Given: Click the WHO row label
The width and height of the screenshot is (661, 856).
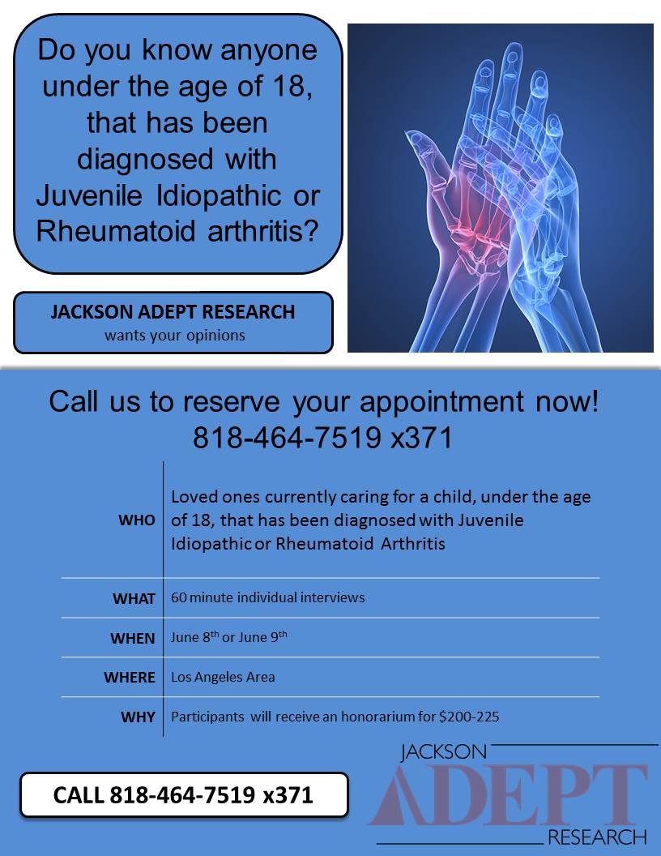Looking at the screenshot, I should (x=137, y=520).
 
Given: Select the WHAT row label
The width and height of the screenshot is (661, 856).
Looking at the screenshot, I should (x=134, y=599).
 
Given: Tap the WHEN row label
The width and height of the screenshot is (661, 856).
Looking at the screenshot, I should (x=132, y=639).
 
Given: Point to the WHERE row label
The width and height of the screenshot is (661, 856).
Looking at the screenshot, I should (x=129, y=678).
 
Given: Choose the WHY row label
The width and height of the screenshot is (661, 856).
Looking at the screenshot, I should (x=138, y=717).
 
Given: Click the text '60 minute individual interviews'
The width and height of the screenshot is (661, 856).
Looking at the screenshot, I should (x=267, y=597).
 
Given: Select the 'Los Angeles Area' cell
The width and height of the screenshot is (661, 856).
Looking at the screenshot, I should (x=223, y=677).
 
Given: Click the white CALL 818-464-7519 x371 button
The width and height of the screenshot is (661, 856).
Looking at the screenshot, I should (x=184, y=794).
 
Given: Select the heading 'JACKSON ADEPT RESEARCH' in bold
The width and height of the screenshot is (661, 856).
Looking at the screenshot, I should (x=173, y=312).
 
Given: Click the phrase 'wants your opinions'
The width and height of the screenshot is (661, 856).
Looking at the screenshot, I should (x=175, y=335).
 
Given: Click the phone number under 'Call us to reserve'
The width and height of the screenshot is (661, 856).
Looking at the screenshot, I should (x=322, y=438).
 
